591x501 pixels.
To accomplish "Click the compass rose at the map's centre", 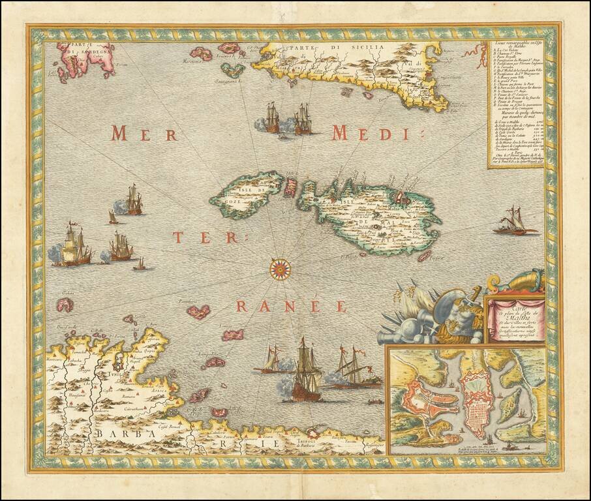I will tap(280, 268).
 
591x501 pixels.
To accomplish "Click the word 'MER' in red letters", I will tap(144, 134).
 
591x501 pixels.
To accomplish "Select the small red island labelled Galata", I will tap(65, 304).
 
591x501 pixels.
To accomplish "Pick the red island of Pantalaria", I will tap(198, 311).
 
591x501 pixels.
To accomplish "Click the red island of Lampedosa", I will tap(213, 363).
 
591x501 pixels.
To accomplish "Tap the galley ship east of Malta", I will tap(515, 224).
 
